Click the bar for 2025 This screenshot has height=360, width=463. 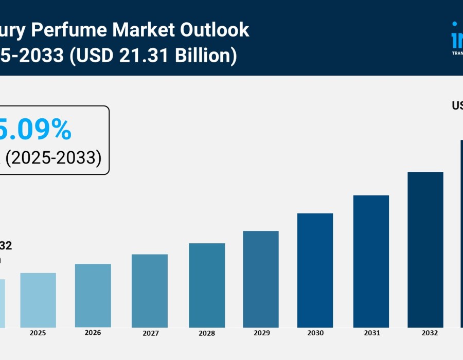click(38, 300)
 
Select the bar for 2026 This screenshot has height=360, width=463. click(93, 296)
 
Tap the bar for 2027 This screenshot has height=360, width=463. click(150, 291)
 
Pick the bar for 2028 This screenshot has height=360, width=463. click(207, 285)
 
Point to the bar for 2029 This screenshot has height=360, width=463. click(261, 279)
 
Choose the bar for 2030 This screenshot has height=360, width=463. click(315, 271)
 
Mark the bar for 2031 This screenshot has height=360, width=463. click(371, 261)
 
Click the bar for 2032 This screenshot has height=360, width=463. click(425, 249)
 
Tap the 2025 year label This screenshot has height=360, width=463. click(38, 333)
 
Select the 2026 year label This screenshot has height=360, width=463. click(93, 333)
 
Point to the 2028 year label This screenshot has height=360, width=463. click(207, 333)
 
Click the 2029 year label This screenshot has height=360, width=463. click(261, 333)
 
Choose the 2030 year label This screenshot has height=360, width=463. click(315, 333)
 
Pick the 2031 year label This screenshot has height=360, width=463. click(371, 333)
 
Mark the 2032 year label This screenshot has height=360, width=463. click(430, 333)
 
